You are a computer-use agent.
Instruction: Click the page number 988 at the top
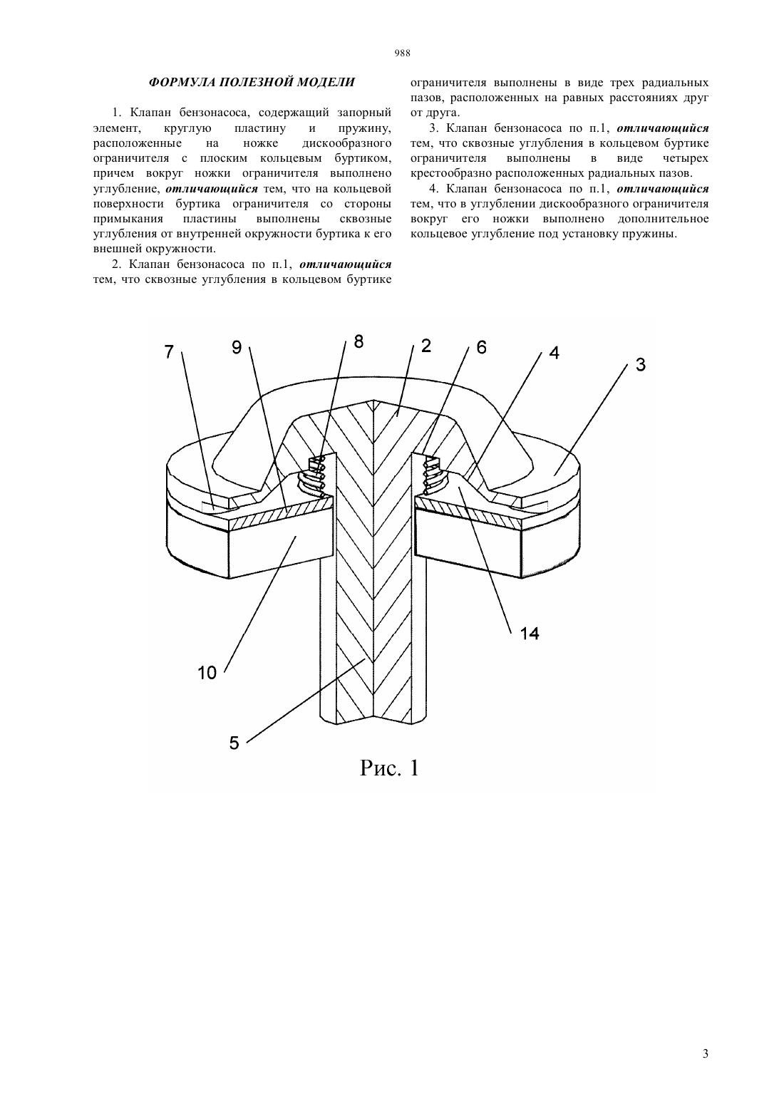[x=402, y=53]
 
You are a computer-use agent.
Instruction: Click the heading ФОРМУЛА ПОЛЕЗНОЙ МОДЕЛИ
[x=252, y=82]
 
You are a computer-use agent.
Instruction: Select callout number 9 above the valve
[x=237, y=348]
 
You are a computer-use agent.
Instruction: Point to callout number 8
[x=359, y=341]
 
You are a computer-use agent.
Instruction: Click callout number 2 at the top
[x=426, y=346]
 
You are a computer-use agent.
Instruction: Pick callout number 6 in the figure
[x=482, y=347]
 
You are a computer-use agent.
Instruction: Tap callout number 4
[x=555, y=353]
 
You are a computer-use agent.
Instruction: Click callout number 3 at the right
[x=641, y=366]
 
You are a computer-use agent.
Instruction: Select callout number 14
[x=530, y=633]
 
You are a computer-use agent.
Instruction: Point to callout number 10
[x=207, y=673]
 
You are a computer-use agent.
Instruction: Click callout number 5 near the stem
[x=234, y=743]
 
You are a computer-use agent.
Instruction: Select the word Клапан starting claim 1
[x=150, y=113]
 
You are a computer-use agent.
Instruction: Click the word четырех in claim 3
[x=685, y=158]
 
